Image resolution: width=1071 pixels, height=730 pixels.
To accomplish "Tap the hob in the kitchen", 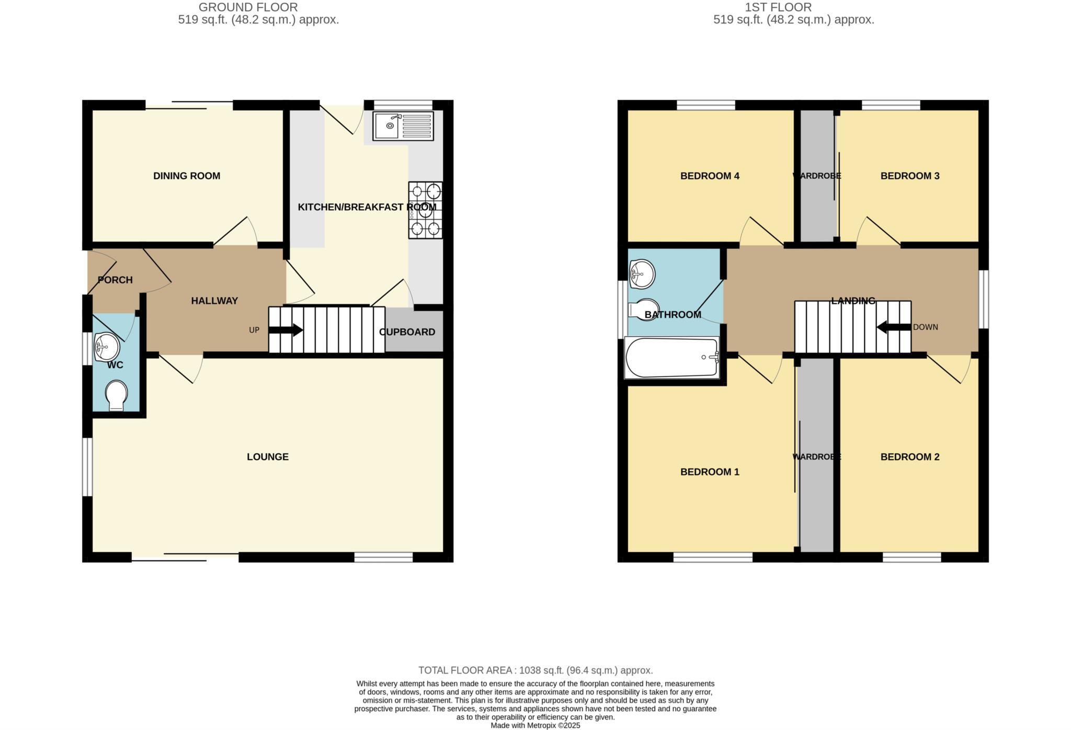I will tap(425, 210).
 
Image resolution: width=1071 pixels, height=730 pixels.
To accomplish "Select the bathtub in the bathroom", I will tap(672, 358).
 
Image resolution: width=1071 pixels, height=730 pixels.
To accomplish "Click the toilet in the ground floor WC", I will tap(116, 395).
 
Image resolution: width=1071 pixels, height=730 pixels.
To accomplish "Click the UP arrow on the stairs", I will tap(286, 330).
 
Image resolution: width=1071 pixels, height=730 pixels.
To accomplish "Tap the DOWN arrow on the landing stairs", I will tap(893, 327).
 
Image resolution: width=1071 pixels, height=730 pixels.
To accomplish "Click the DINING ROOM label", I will tap(187, 176).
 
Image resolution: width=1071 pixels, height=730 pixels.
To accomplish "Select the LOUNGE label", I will tap(268, 457).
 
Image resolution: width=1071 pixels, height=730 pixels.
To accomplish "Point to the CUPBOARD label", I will tap(407, 332).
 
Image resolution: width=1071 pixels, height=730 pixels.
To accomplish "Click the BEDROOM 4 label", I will tap(710, 176).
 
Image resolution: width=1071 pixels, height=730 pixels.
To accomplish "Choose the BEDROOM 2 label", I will tap(910, 457).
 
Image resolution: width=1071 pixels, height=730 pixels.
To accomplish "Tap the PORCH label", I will tap(115, 280).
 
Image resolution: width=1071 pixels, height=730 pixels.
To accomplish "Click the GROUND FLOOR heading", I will tap(248, 7).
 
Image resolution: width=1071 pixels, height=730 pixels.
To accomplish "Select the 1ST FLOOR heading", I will tap(778, 7).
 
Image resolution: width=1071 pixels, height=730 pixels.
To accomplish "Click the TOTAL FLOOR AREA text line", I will tap(535, 670).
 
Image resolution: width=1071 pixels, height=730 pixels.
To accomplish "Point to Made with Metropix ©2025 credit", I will tap(535, 726).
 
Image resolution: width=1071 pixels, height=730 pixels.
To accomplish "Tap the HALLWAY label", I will tap(214, 301).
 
